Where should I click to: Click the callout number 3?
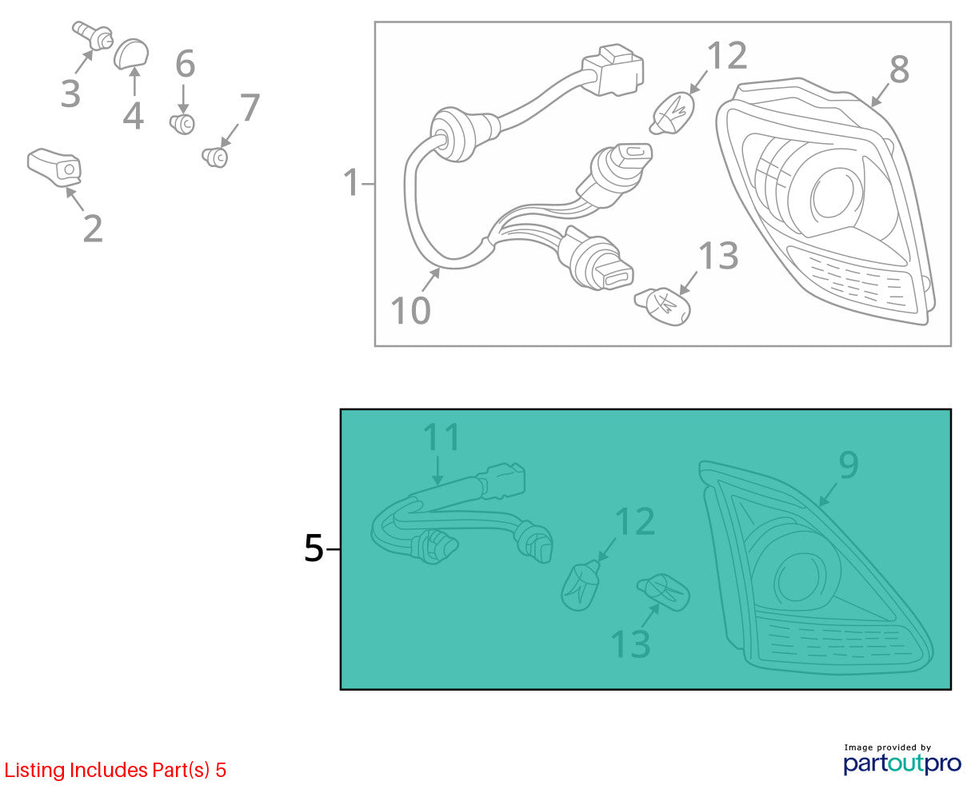70,94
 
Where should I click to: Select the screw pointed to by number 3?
93,35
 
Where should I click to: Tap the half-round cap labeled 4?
131,54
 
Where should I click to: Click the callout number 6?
186,63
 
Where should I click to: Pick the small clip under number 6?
182,124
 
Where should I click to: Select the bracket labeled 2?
54,167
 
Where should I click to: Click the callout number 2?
93,228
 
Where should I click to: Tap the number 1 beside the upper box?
351,182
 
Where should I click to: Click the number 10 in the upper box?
410,311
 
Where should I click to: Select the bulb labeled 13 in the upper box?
662,306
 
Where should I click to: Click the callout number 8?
900,70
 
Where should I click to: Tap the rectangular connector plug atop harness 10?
613,70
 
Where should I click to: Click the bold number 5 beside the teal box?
314,548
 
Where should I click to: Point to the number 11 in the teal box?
441,437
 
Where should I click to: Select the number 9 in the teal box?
849,464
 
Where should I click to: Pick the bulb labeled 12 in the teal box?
580,586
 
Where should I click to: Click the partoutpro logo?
902,764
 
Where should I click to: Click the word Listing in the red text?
35,771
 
